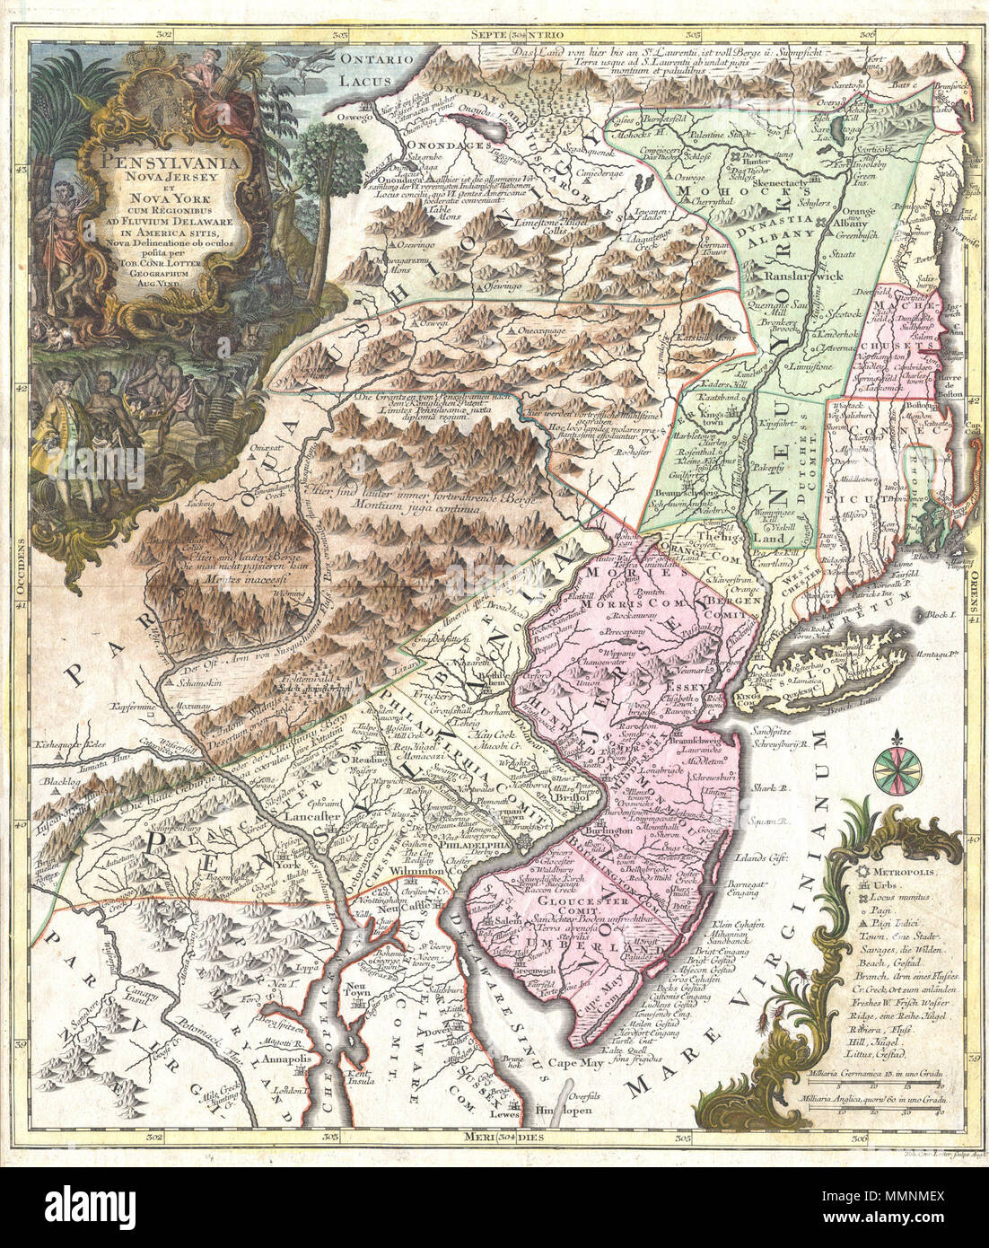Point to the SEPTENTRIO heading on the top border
click(x=510, y=34)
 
